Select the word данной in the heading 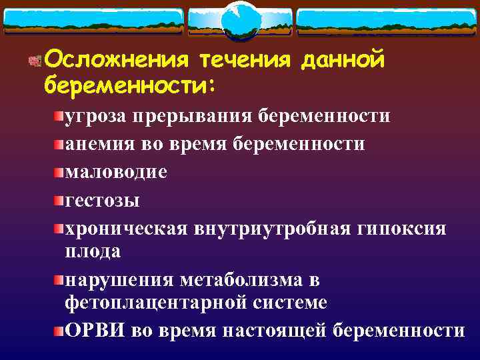(343, 60)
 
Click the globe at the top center (240, 19)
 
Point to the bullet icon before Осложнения (35, 61)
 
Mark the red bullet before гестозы (59, 200)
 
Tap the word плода (93, 251)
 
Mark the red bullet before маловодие (59, 172)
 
